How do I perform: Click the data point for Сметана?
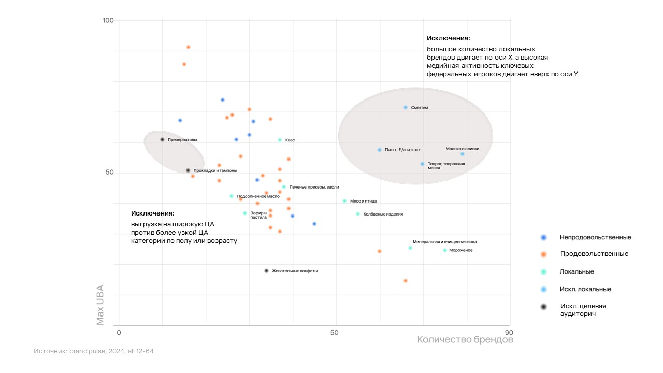[406, 107]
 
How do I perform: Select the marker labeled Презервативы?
[162, 139]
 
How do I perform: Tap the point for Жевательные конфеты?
[266, 271]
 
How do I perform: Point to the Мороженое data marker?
[444, 250]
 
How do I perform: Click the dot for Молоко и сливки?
[463, 154]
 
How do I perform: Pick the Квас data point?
[280, 140]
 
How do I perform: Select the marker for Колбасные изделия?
[357, 214]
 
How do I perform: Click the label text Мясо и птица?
[363, 201]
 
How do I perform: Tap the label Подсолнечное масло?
[258, 196]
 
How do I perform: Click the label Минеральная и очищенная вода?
[444, 242]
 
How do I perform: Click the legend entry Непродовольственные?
[595, 237]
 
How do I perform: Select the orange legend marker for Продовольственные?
[543, 254]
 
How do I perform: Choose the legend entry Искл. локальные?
[585, 289]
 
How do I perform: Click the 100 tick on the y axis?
[108, 20]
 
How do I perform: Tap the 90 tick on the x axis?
[509, 332]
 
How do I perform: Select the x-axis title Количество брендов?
[465, 340]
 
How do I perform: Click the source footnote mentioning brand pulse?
[94, 351]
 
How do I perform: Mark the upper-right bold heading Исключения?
[448, 38]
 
